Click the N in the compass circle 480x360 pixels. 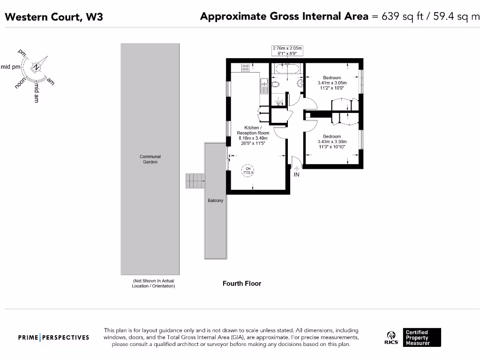[x=36, y=67]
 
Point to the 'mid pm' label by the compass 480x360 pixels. [x=10, y=67]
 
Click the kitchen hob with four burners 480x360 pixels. [x=245, y=67]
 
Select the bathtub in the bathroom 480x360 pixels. [x=287, y=70]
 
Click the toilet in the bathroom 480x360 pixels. [x=276, y=84]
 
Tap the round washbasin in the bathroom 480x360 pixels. [x=300, y=83]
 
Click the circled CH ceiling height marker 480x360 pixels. [x=247, y=171]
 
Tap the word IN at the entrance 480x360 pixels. [x=296, y=175]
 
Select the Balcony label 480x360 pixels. [x=215, y=201]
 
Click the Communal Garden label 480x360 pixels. [x=150, y=159]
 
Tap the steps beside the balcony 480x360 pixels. [x=195, y=180]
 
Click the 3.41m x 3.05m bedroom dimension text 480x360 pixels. [x=332, y=82]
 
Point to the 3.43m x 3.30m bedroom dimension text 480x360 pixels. [x=332, y=142]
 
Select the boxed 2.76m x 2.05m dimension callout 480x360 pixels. [x=287, y=51]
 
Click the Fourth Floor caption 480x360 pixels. [x=242, y=284]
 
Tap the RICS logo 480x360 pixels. [x=391, y=337]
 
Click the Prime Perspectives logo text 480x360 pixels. [x=53, y=337]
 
